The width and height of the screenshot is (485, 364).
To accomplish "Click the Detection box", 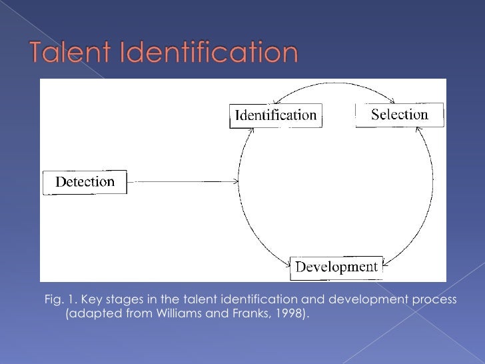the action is pyautogui.click(x=85, y=182).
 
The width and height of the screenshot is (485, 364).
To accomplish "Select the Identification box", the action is pyautogui.click(x=274, y=115).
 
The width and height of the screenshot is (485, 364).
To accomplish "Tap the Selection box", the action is pyautogui.click(x=399, y=115).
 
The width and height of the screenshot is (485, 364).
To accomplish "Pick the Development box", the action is pyautogui.click(x=336, y=268).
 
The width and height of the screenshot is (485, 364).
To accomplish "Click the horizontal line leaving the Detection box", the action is pyautogui.click(x=180, y=181).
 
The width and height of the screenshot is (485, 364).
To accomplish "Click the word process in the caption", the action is pyautogui.click(x=435, y=300).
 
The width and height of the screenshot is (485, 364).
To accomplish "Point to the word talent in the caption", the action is pyautogui.click(x=199, y=300).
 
